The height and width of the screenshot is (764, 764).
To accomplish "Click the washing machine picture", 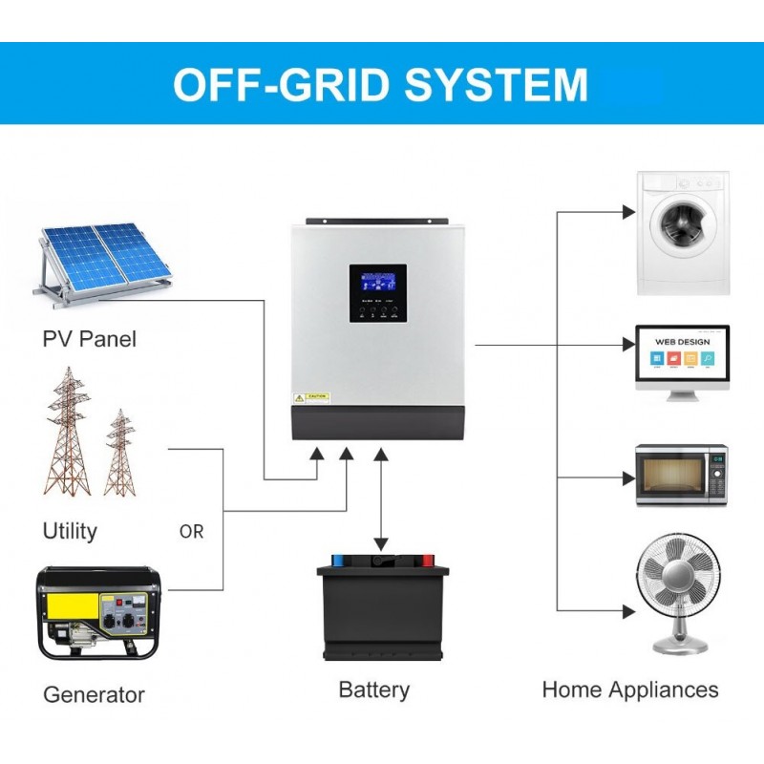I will point(683,232).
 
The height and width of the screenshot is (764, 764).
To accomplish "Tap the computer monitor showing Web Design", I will point(683,360).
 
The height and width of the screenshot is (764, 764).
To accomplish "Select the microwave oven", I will point(682,475).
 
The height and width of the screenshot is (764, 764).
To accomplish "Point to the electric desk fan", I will point(678,592).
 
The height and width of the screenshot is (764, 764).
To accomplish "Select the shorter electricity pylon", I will point(119,454).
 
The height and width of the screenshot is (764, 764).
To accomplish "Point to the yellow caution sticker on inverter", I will point(311,396).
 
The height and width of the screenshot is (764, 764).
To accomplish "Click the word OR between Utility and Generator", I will point(191,532).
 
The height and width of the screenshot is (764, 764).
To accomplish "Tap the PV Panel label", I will point(89,339).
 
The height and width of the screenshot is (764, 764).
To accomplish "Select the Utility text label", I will point(70,531).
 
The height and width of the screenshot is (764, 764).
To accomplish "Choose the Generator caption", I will point(94,694).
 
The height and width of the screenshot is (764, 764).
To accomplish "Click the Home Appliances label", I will point(630,690).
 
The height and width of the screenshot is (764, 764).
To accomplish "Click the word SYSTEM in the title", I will point(495,84).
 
